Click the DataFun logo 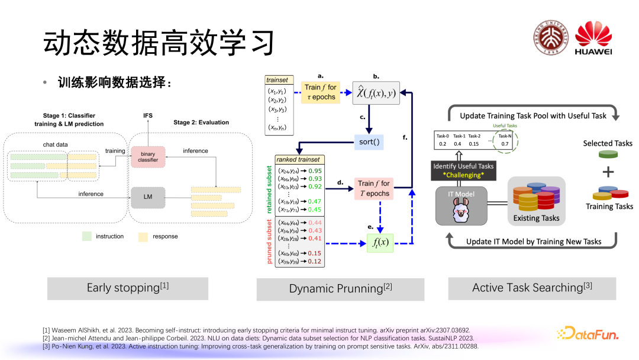[x=588, y=335]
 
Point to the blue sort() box [x=369, y=143]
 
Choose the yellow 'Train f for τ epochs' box [x=320, y=92]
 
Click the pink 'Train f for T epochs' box [x=373, y=188]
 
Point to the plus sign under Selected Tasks [x=608, y=172]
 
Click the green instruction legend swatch [x=86, y=236]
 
